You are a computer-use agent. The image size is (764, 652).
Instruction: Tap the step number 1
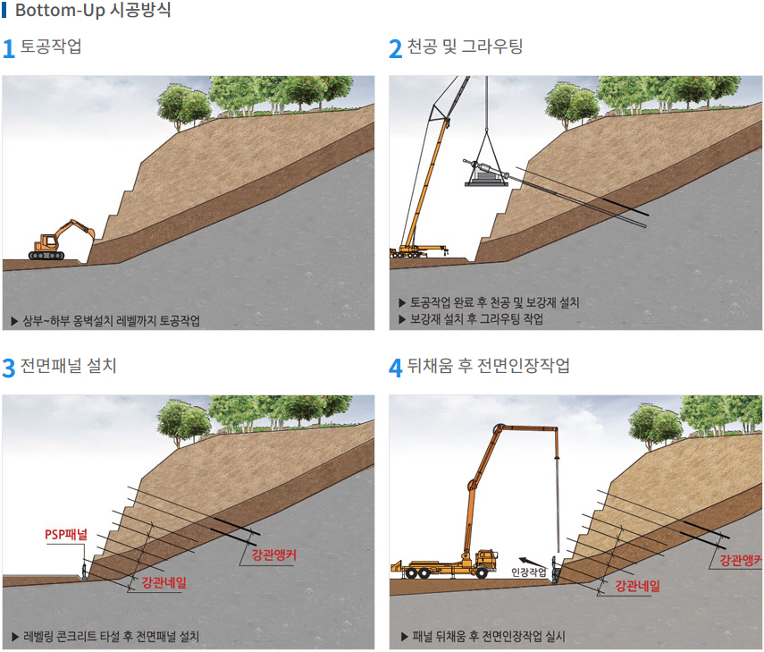(x=8, y=49)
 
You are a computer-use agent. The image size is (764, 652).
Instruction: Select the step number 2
(x=395, y=49)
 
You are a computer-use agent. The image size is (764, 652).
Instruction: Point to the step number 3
(x=8, y=368)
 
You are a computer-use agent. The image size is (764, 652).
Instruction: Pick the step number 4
(x=396, y=368)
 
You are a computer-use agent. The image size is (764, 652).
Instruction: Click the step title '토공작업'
(x=51, y=47)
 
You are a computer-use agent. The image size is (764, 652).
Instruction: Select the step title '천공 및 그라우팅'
(x=465, y=47)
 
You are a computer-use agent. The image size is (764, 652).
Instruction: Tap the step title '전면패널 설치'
(x=68, y=365)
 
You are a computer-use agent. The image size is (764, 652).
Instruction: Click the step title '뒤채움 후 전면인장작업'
(x=488, y=365)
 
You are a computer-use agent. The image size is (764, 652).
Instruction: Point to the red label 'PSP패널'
(x=66, y=535)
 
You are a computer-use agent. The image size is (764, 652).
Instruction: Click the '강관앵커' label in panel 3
(x=273, y=555)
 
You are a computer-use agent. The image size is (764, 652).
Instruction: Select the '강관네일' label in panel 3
(x=164, y=582)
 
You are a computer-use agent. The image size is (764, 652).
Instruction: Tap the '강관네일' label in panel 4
(x=637, y=586)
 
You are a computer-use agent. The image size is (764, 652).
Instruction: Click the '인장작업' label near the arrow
(x=529, y=572)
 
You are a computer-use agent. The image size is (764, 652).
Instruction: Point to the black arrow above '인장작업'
(x=532, y=563)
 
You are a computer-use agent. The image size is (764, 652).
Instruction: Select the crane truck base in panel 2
(x=419, y=252)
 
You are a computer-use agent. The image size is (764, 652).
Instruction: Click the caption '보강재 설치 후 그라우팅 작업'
(x=476, y=319)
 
